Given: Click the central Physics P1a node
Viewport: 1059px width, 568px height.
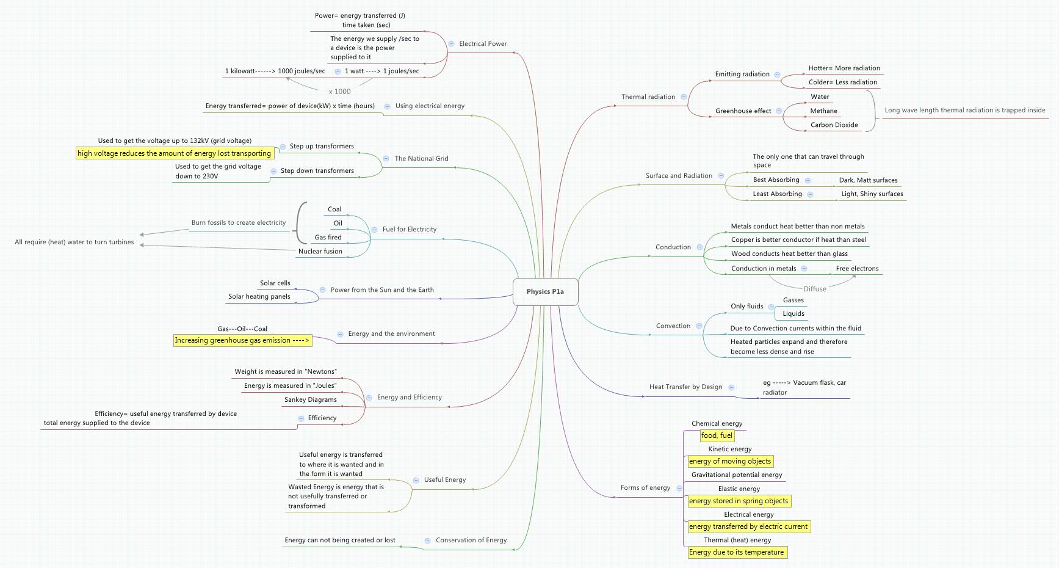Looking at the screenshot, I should (545, 291).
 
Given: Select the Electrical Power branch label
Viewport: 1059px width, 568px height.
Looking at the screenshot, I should (483, 43).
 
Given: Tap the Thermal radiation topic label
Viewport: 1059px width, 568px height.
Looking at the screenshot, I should (648, 96).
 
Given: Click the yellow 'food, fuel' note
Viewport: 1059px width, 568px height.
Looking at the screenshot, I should (717, 435).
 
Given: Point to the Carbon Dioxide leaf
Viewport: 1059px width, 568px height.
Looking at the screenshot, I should (834, 125).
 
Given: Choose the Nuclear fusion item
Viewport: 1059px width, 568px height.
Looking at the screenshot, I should (320, 251).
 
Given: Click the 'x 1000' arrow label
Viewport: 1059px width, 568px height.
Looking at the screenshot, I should (339, 92).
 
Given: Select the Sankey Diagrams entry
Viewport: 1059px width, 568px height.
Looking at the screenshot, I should (310, 399).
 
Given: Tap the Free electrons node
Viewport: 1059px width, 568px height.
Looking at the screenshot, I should (857, 268).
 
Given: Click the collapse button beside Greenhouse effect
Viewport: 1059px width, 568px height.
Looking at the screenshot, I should (778, 111).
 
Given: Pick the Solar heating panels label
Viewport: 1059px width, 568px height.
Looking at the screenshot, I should (259, 296).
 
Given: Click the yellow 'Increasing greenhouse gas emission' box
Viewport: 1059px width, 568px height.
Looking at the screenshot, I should (242, 340).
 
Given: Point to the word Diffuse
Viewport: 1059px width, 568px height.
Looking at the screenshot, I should (814, 289).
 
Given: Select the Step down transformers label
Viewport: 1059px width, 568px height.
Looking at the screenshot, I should (317, 170).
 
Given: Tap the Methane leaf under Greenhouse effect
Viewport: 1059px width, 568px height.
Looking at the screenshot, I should (823, 111).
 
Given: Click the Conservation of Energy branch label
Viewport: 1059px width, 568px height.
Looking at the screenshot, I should (471, 540).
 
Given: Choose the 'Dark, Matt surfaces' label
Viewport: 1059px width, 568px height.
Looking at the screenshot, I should (868, 180).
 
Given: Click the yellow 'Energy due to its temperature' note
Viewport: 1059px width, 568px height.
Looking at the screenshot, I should (736, 552).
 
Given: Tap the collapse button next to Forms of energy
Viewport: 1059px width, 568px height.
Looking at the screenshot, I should (679, 488).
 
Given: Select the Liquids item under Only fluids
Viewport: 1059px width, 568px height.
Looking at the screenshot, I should (793, 313).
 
